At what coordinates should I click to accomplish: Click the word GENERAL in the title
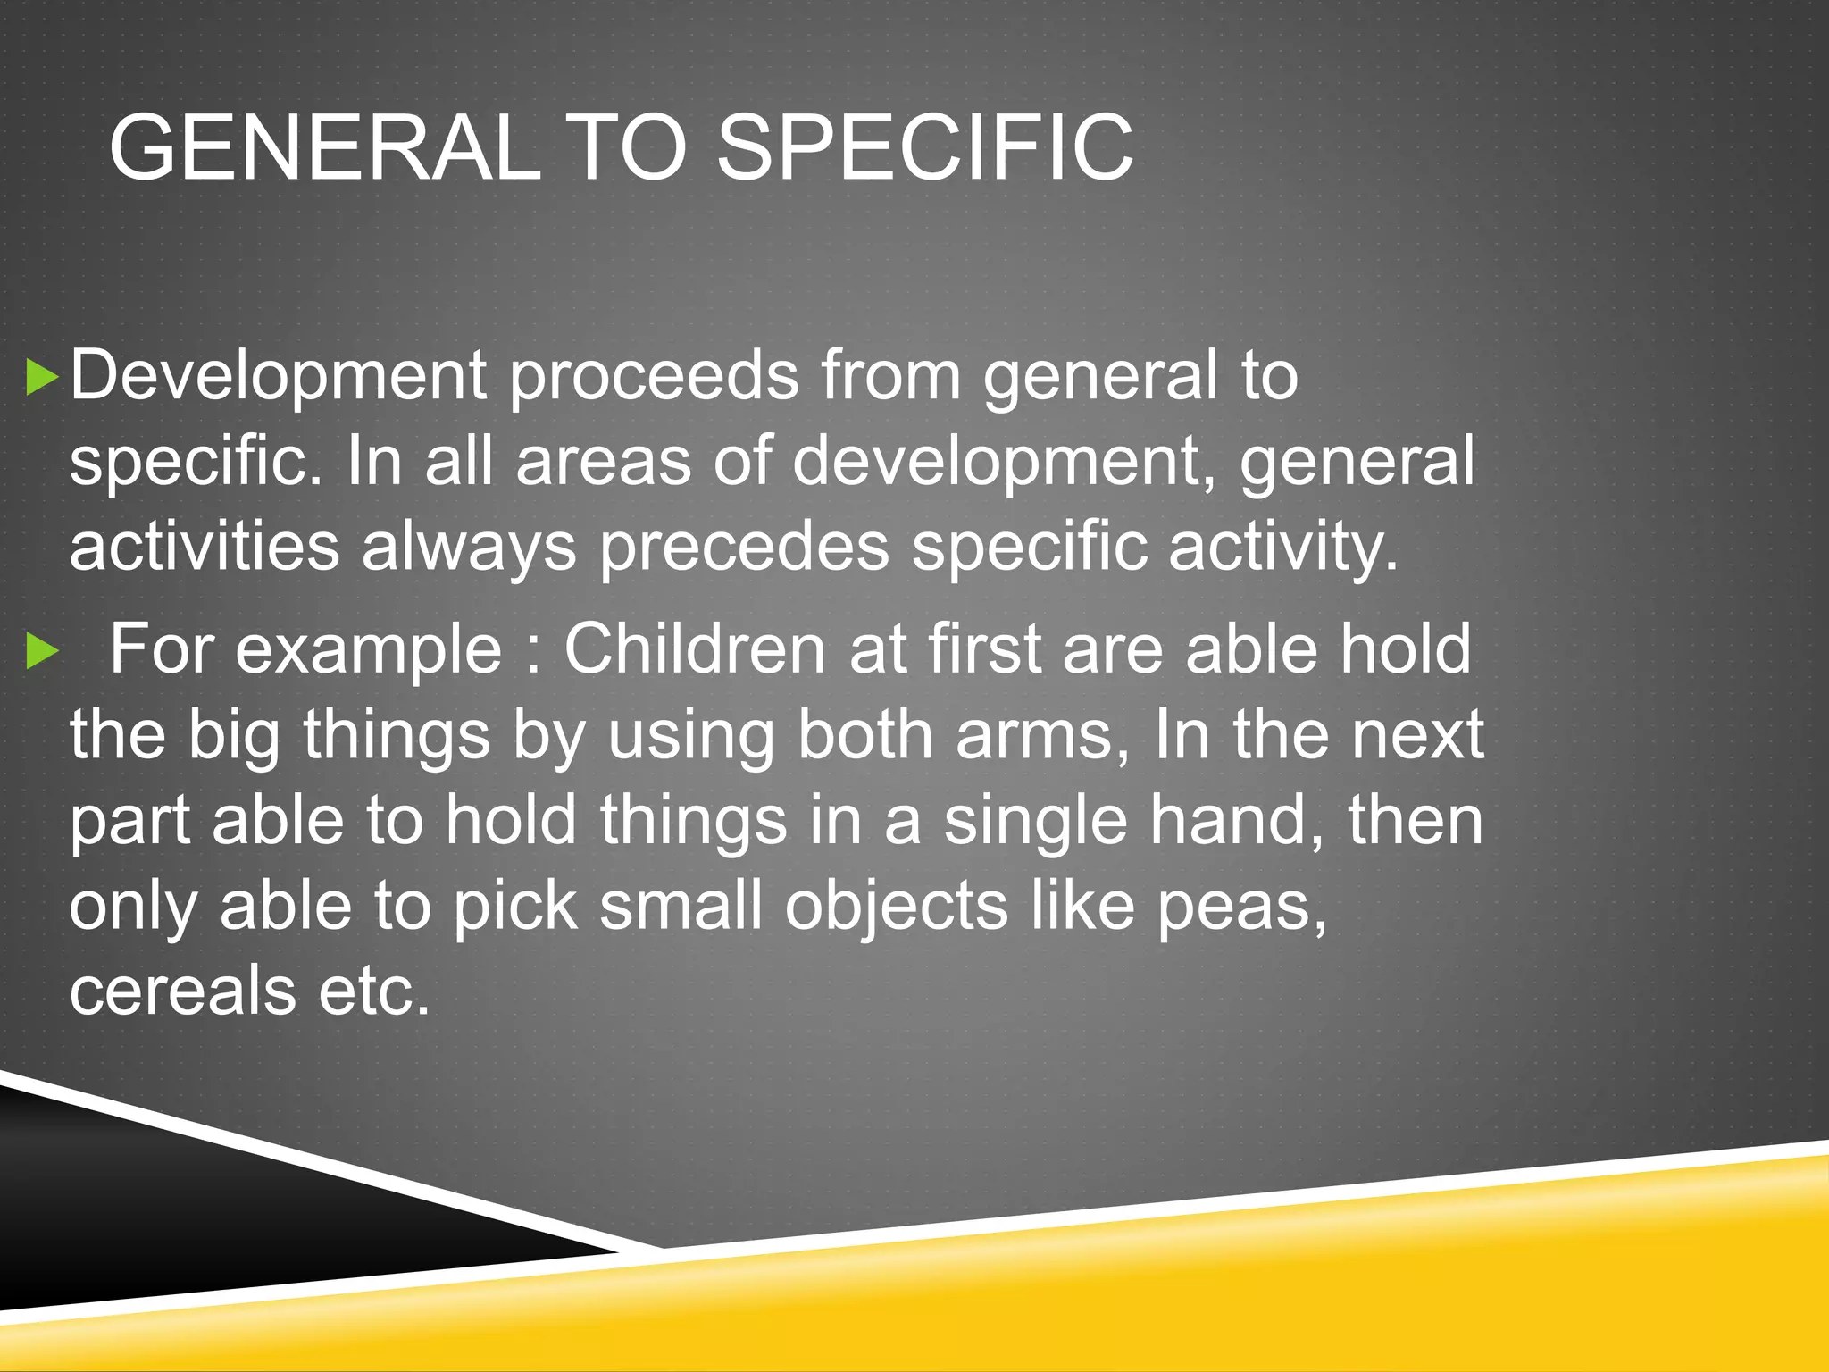click(x=324, y=147)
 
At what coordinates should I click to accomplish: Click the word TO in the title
click(x=627, y=147)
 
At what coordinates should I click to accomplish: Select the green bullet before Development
click(x=41, y=377)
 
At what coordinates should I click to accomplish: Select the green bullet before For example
click(x=41, y=650)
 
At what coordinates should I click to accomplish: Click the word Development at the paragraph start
click(x=278, y=375)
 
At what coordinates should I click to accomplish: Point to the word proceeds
click(x=654, y=377)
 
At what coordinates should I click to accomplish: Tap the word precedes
click(x=744, y=547)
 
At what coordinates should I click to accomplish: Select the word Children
click(x=694, y=648)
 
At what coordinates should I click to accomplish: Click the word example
click(x=368, y=650)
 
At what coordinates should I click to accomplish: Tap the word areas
click(x=603, y=462)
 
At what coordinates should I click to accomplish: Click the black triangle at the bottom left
click(x=179, y=1224)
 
